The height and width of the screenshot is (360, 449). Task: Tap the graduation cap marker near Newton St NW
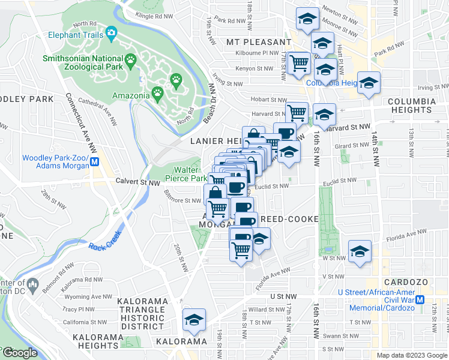tap(307, 20)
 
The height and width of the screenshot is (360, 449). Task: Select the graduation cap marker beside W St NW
tap(360, 251)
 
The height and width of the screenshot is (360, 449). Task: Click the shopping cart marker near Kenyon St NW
tap(298, 63)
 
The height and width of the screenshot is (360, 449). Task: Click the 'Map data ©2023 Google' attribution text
tap(411, 355)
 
